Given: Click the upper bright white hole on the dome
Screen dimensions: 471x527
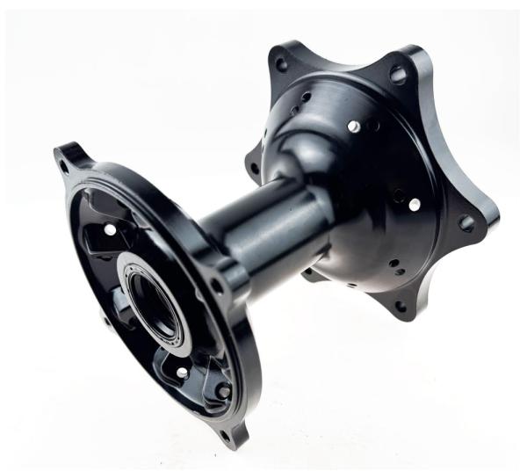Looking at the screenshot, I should (353, 127).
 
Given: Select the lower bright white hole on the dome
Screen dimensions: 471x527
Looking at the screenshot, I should (414, 204).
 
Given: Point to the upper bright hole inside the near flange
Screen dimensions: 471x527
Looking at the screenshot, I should (111, 230).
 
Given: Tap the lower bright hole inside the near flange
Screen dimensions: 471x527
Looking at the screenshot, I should (182, 373).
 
